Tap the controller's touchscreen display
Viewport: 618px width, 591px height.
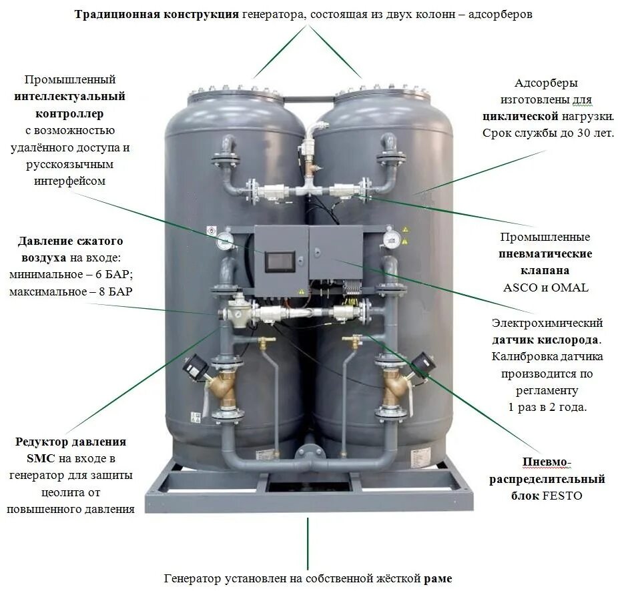[280, 261]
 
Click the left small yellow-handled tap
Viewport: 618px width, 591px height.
[266, 342]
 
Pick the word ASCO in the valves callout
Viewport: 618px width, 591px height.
[519, 287]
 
